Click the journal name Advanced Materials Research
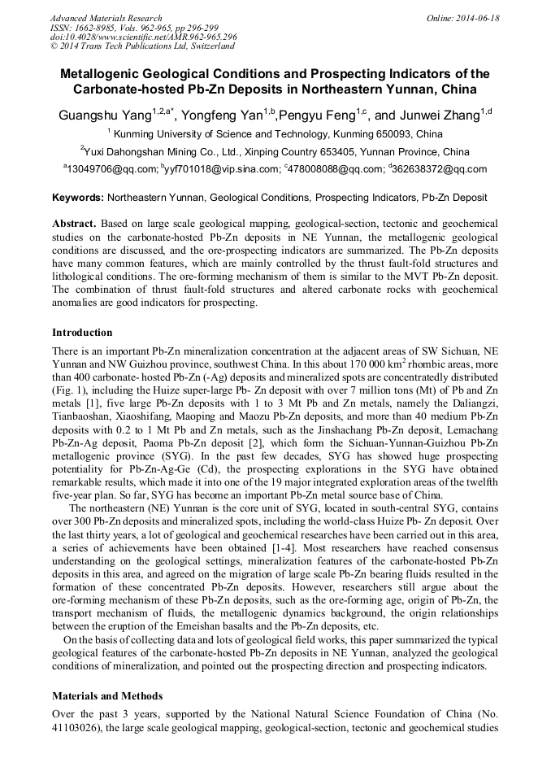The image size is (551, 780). pyautogui.click(x=106, y=18)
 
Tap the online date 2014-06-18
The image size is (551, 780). pyautogui.click(x=477, y=18)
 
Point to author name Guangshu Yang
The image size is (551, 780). pyautogui.click(x=105, y=115)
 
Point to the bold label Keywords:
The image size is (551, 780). pyautogui.click(x=78, y=198)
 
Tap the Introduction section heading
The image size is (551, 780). pyautogui.click(x=82, y=333)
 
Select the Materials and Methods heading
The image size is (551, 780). pyautogui.click(x=107, y=696)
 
